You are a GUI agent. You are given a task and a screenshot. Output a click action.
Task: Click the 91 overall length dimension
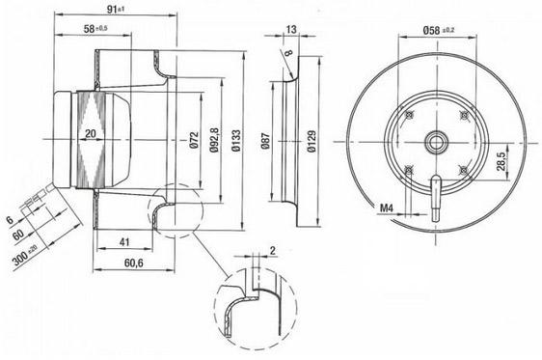pyautogui.click(x=115, y=9)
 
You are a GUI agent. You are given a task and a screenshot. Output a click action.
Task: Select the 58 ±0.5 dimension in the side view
pyautogui.click(x=95, y=29)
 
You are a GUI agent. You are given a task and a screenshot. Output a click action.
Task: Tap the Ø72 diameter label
pyautogui.click(x=194, y=140)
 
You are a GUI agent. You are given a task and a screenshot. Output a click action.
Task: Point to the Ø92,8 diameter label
pyautogui.click(x=214, y=140)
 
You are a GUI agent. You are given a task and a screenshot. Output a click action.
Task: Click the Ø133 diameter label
pyautogui.click(x=236, y=140)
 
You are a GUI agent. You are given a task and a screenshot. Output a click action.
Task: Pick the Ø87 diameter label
pyautogui.click(x=265, y=141)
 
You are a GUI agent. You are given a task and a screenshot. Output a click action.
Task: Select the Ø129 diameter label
pyautogui.click(x=312, y=141)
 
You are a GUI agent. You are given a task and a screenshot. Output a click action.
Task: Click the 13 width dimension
pyautogui.click(x=291, y=29)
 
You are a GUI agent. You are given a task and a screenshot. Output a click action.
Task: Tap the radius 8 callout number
pyautogui.click(x=288, y=52)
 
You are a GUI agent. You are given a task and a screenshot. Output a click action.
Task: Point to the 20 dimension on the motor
pyautogui.click(x=91, y=133)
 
